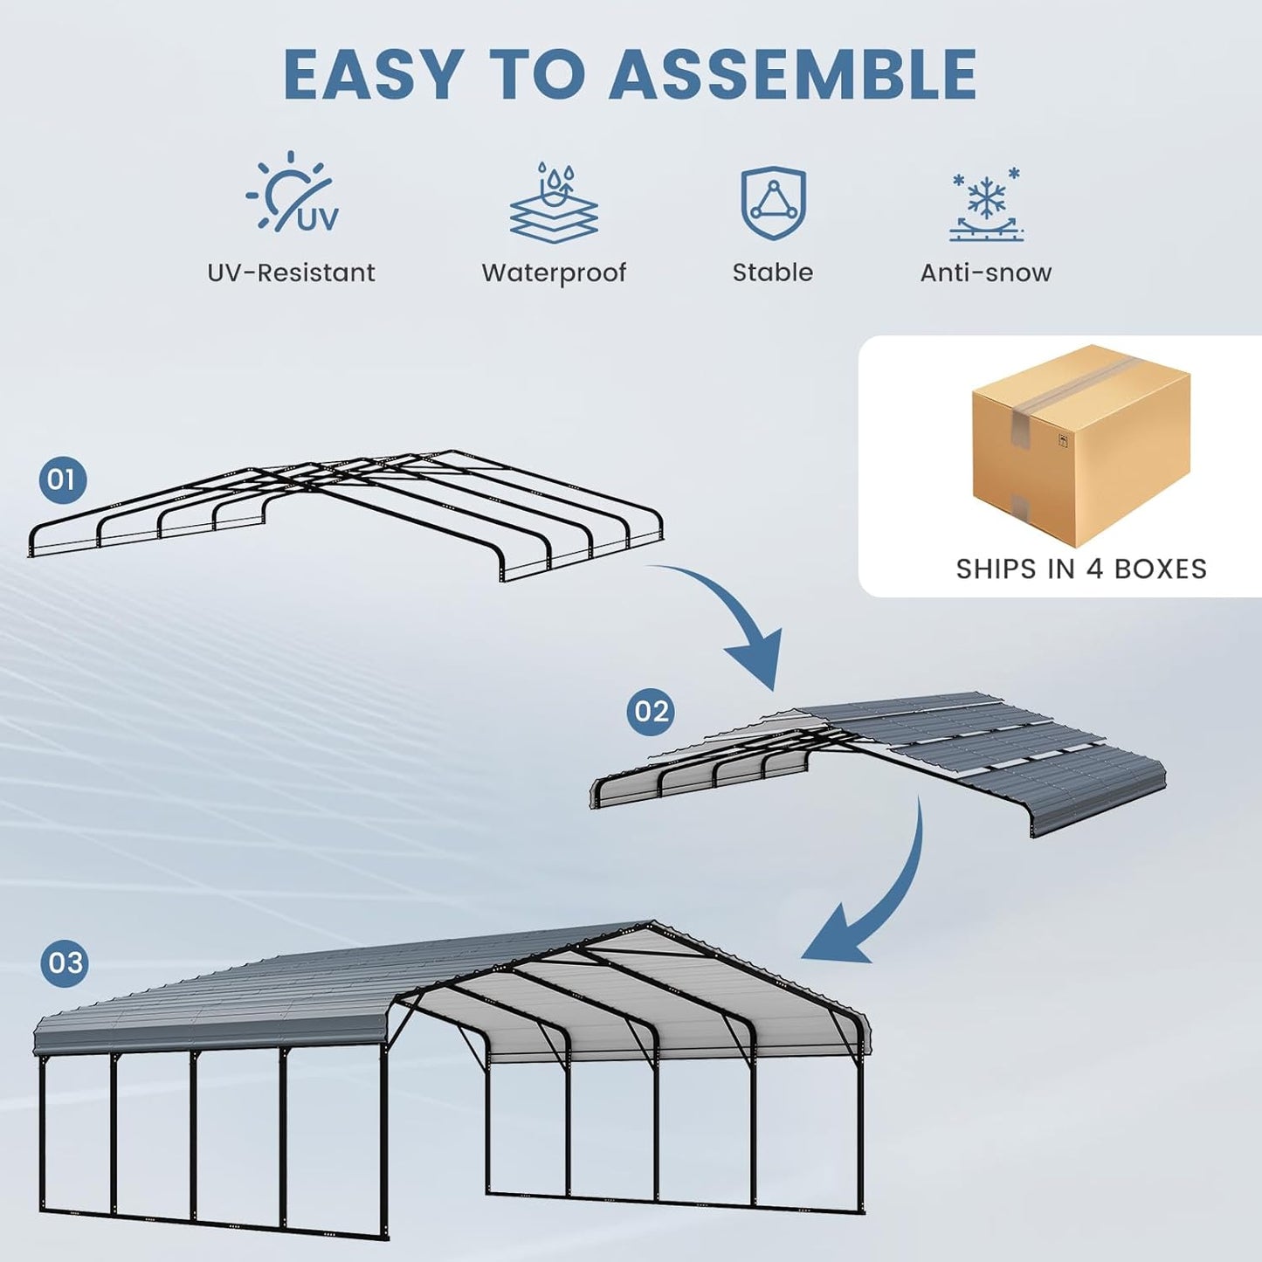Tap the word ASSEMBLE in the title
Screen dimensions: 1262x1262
coord(793,74)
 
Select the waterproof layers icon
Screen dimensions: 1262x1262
coord(554,203)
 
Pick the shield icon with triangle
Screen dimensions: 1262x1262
coord(773,203)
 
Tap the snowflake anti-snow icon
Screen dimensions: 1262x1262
coord(987,204)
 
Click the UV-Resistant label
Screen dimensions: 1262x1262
coord(291,272)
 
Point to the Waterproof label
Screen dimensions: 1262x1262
coord(554,272)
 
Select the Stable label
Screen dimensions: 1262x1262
coord(773,272)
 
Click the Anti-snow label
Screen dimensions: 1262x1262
coord(986,272)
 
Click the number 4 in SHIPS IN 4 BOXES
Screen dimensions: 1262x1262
coord(1094,569)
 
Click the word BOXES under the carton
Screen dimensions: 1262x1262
coord(1161,569)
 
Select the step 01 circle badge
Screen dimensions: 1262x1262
coord(63,479)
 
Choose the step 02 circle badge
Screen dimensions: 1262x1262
coord(652,711)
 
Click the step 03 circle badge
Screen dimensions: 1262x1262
coord(66,962)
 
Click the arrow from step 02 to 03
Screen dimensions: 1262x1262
coord(882,900)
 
